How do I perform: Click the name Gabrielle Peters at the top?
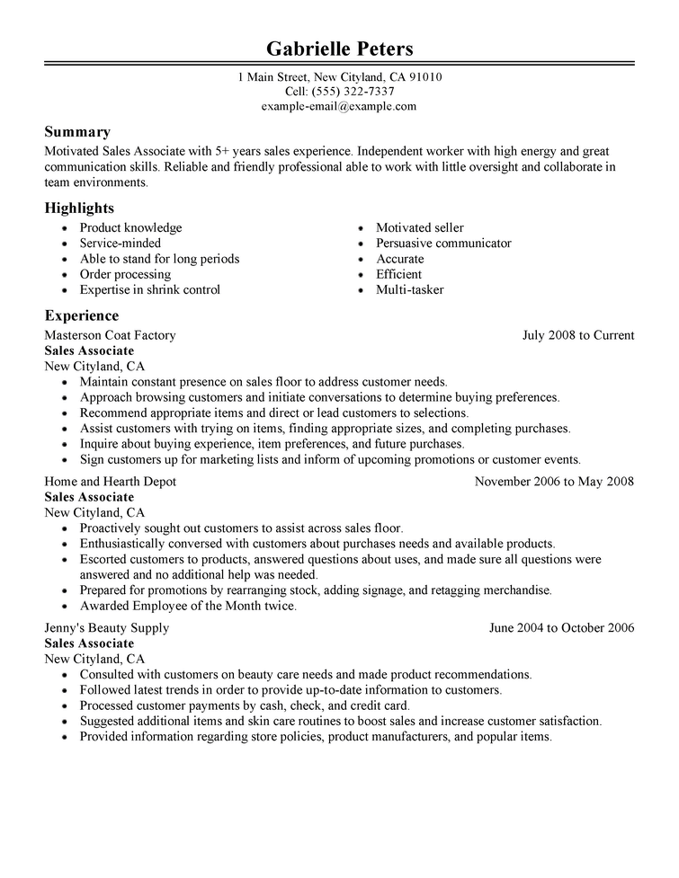click(x=339, y=48)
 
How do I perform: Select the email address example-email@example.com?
click(x=339, y=106)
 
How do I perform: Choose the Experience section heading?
click(x=82, y=315)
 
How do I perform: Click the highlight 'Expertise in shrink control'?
click(x=149, y=290)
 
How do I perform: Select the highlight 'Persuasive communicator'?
click(x=443, y=244)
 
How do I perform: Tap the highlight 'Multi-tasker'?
click(x=409, y=290)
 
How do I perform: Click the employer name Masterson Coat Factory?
click(x=110, y=335)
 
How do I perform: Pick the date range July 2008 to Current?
click(x=578, y=335)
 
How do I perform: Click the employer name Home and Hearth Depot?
click(x=110, y=482)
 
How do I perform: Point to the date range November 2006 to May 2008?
click(x=554, y=482)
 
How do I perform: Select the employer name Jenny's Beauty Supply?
click(x=106, y=628)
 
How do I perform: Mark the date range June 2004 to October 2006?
click(x=561, y=628)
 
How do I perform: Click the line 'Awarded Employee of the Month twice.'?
click(x=188, y=607)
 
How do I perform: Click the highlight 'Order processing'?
click(x=125, y=274)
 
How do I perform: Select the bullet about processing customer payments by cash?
click(x=245, y=705)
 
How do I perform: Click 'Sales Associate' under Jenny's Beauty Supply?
click(x=89, y=643)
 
